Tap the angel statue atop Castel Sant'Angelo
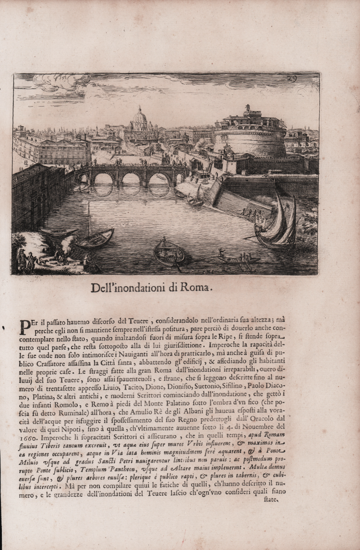click(x=248, y=109)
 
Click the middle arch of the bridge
click(x=131, y=179)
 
